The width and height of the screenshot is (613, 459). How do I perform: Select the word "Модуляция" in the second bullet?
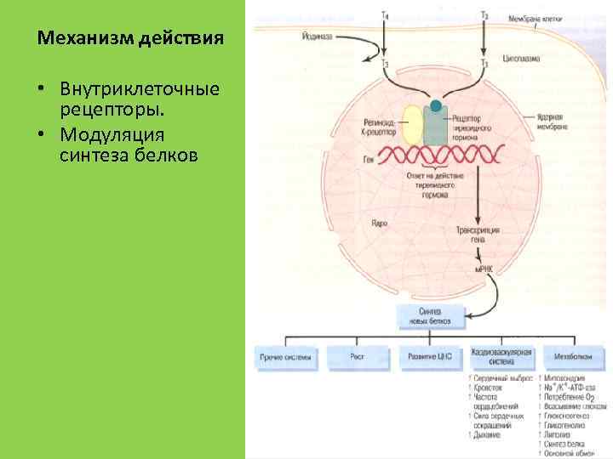(x=101, y=136)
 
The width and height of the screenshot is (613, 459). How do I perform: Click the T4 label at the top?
(x=386, y=14)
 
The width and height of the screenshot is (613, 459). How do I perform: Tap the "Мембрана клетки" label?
(x=536, y=19)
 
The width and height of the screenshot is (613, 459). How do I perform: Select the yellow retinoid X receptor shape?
(x=411, y=124)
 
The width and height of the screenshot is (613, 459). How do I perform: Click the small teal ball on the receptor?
(x=436, y=107)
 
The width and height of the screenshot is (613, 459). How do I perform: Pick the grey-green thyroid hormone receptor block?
(x=435, y=127)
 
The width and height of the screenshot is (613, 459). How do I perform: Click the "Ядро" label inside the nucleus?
(x=380, y=224)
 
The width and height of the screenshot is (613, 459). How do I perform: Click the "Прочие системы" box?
(x=285, y=358)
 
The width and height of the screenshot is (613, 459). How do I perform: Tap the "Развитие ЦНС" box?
(x=429, y=358)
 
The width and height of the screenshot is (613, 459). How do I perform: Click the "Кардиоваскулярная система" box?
(x=501, y=357)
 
